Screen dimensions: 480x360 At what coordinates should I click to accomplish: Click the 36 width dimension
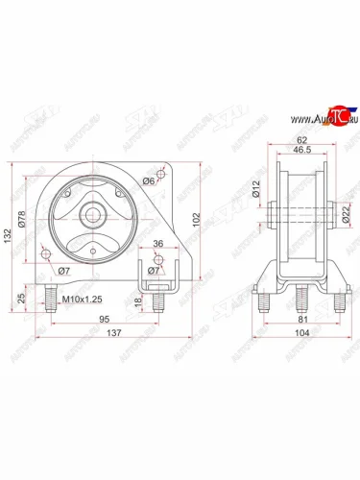158,244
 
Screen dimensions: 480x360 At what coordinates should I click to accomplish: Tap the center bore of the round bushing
98,210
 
